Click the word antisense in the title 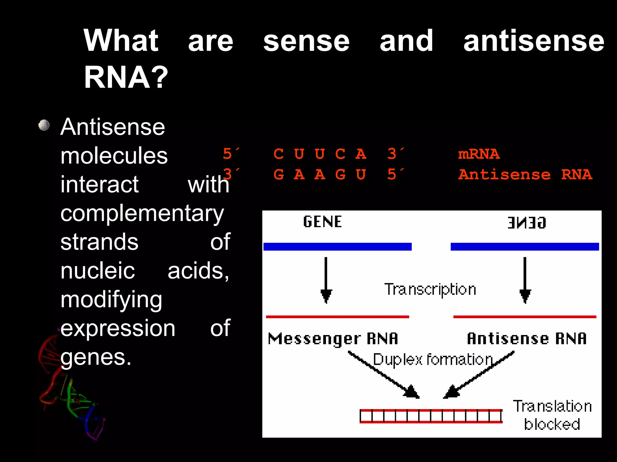tap(534, 41)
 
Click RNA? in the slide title tap(126, 77)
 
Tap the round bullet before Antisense tap(44, 125)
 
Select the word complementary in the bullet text tap(142, 214)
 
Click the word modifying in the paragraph tap(111, 300)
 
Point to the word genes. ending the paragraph tap(96, 357)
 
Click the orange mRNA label tap(479, 154)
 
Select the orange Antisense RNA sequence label tap(525, 174)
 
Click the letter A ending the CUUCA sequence tap(361, 154)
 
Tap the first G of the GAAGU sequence tap(279, 174)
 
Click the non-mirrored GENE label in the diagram tap(322, 222)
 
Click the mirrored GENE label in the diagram tap(527, 223)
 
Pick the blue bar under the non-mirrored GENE tap(337, 247)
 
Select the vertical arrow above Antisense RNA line tap(525, 280)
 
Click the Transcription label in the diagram tap(430, 289)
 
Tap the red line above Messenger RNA tap(337, 317)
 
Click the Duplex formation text tap(433, 359)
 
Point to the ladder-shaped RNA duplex tap(431, 416)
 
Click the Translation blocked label tap(552, 415)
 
